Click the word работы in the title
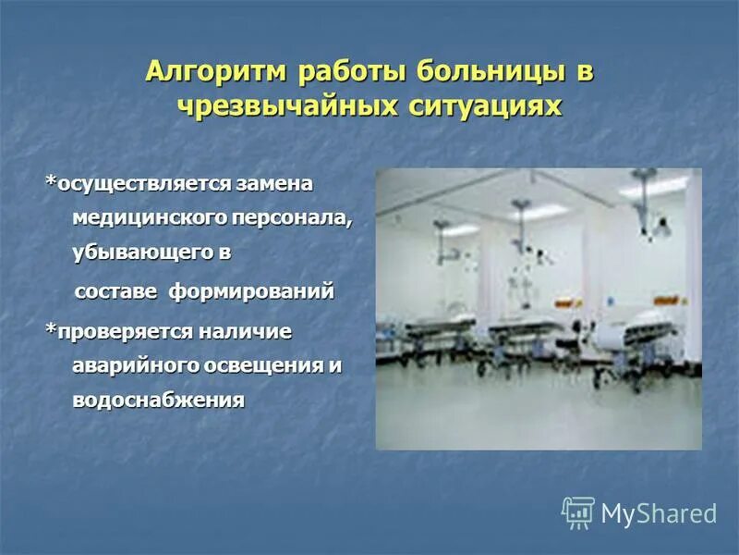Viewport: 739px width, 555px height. [x=352, y=72]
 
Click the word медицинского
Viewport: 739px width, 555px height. [x=138, y=217]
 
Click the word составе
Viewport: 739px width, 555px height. [x=115, y=292]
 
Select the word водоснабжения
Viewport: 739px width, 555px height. [x=158, y=400]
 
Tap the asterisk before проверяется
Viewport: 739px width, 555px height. [x=52, y=328]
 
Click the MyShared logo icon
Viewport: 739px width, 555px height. [x=578, y=512]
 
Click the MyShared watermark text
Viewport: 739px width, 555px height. [x=659, y=513]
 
